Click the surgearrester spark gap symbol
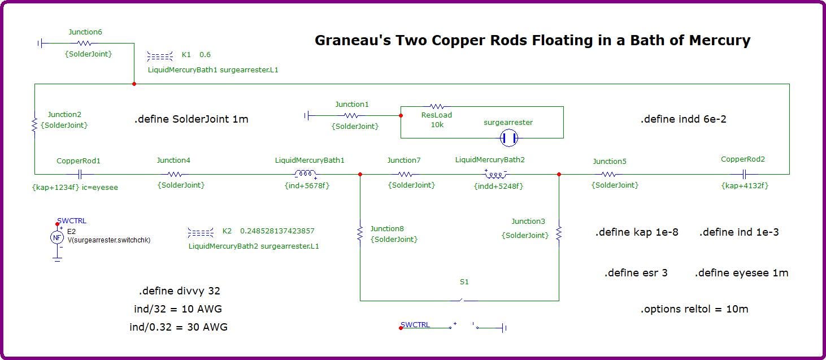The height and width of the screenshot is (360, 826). click(x=509, y=138)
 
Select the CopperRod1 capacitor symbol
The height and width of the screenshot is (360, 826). click(x=80, y=174)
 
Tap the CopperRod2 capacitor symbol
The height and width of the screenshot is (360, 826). click(x=744, y=174)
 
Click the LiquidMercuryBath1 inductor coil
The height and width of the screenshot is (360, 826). click(x=305, y=173)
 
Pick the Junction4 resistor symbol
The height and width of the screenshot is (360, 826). click(x=175, y=174)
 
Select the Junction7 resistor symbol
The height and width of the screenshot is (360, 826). click(x=405, y=174)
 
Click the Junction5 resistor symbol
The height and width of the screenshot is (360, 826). click(x=608, y=174)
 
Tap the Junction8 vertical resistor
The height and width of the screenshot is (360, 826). click(x=360, y=233)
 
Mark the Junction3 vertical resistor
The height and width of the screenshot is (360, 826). click(x=559, y=233)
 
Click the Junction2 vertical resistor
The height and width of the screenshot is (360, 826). click(x=34, y=124)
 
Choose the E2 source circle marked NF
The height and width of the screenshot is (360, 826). click(x=57, y=237)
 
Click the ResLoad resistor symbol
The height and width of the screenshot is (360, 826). click(x=437, y=107)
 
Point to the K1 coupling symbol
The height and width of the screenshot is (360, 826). click(x=160, y=56)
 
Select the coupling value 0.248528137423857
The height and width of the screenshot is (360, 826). click(x=277, y=231)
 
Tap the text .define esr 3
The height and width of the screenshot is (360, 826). click(x=636, y=273)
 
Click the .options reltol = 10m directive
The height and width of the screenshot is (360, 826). click(x=694, y=309)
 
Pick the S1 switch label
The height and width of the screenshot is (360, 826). click(x=464, y=282)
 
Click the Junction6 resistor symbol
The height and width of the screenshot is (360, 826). click(x=84, y=43)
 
